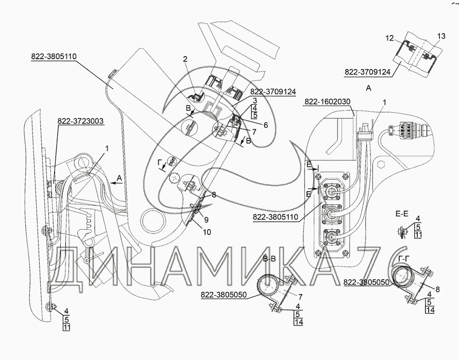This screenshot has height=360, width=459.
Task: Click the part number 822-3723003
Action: [x=80, y=122]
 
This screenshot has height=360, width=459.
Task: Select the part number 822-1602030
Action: [x=328, y=102]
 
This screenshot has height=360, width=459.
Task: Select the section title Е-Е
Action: [x=401, y=212]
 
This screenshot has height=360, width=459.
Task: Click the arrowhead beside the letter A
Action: [x=110, y=182]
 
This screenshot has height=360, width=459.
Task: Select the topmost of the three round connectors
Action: [x=330, y=190]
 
